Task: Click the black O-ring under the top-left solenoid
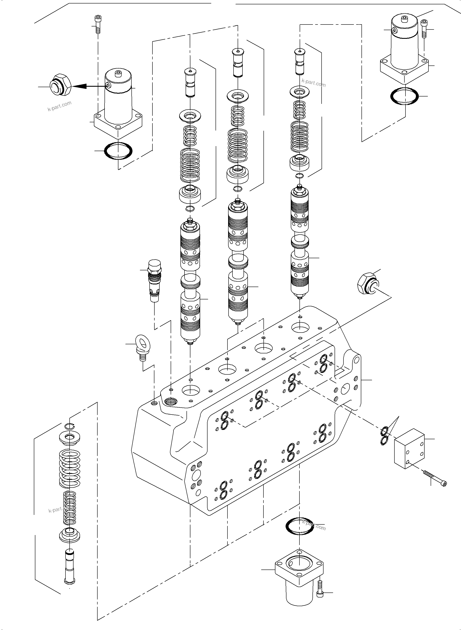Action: click(x=118, y=152)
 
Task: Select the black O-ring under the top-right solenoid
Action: click(x=404, y=96)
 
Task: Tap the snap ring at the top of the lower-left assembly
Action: click(x=69, y=426)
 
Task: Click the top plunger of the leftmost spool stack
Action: click(x=190, y=83)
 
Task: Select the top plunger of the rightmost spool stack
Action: click(x=300, y=61)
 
